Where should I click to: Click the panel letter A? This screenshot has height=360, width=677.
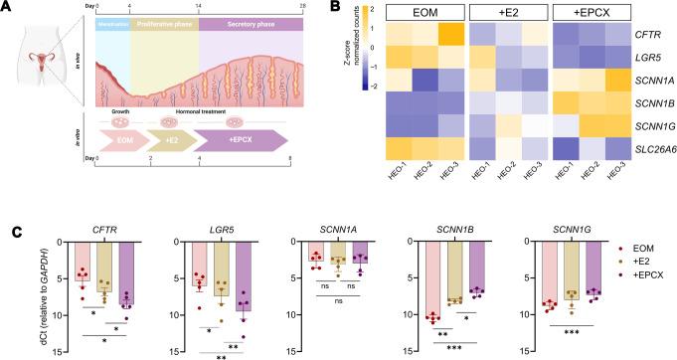pos(6,7)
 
